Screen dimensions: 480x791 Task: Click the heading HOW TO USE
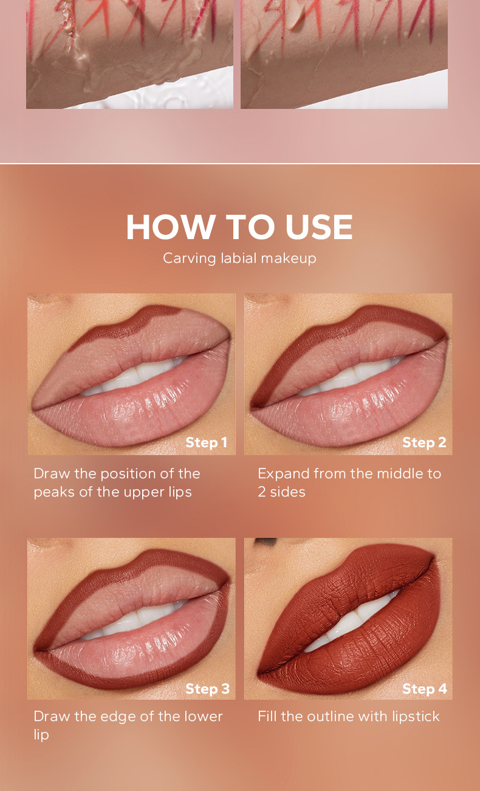point(239,227)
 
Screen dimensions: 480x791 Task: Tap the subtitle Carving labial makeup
point(239,258)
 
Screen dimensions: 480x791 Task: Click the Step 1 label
point(207,442)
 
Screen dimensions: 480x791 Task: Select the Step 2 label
point(425,442)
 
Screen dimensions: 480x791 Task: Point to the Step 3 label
point(207,689)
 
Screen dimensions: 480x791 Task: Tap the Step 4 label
point(425,689)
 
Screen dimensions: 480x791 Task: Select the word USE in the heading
point(319,227)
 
